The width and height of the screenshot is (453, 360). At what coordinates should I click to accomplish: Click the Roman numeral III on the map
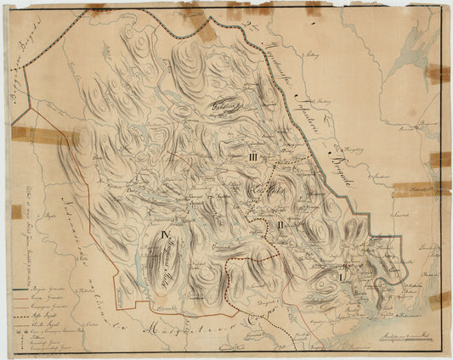(253, 158)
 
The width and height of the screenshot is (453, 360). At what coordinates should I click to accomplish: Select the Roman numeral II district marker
(280, 225)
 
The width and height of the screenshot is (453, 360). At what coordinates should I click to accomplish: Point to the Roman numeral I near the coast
(342, 277)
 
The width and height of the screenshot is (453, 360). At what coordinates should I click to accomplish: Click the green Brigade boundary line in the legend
(25, 289)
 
